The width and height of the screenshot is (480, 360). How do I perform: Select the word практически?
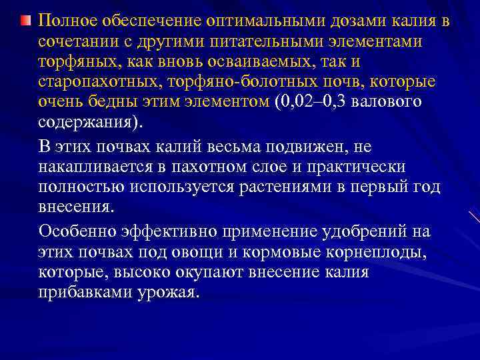[x=366, y=165]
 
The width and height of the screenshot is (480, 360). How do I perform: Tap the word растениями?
[x=291, y=186]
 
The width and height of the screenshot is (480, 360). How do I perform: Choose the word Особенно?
[x=79, y=232]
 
